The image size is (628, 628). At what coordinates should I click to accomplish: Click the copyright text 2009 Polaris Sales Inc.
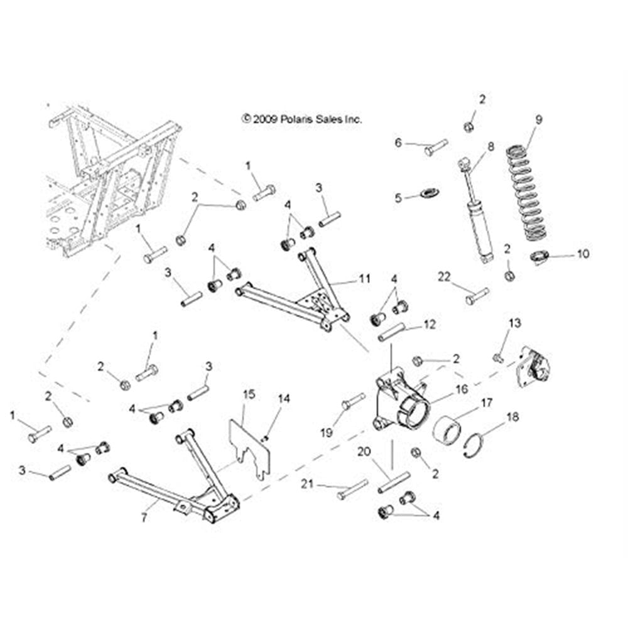[302, 118]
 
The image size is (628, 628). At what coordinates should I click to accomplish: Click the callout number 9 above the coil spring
[539, 119]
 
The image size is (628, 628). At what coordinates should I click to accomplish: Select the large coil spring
[528, 195]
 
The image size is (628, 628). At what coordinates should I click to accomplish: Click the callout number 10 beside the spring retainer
[582, 255]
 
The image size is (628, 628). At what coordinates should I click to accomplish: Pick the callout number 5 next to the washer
[398, 198]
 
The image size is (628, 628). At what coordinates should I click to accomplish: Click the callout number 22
[445, 277]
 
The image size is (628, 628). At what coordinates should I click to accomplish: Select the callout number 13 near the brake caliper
[515, 324]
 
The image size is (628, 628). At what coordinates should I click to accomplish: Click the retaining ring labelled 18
[478, 447]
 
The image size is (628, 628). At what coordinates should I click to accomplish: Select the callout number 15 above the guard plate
[249, 394]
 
